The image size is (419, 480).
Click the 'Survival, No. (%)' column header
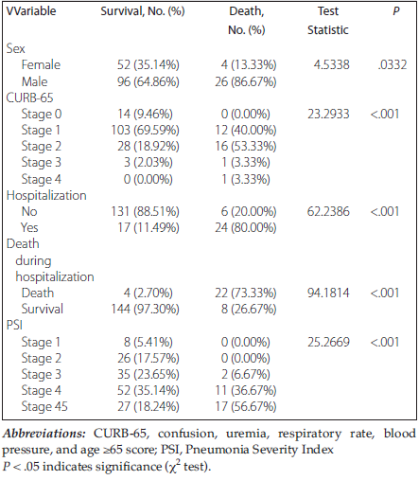click(x=143, y=11)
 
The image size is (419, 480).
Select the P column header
click(x=396, y=11)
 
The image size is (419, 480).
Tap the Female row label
click(x=41, y=64)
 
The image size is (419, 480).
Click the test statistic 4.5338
click(x=331, y=64)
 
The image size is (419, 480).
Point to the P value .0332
click(x=393, y=64)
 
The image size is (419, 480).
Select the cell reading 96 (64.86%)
click(x=148, y=81)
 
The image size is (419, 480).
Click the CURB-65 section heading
click(x=29, y=98)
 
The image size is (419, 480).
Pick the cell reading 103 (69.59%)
click(x=145, y=130)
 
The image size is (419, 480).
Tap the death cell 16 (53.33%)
click(x=246, y=146)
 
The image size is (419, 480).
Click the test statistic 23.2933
click(x=328, y=114)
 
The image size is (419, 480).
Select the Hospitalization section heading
click(x=46, y=195)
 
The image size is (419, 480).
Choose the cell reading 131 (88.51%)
click(x=145, y=211)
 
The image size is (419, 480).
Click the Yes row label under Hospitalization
click(x=29, y=227)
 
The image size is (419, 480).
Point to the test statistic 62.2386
click(x=328, y=211)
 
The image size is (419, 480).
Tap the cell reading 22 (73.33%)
click(x=246, y=293)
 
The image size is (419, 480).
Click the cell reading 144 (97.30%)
click(x=145, y=309)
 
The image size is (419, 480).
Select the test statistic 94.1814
click(x=328, y=293)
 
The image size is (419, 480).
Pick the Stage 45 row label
click(x=44, y=406)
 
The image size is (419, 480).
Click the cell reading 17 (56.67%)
click(x=246, y=406)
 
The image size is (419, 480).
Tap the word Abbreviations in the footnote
click(x=44, y=434)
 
